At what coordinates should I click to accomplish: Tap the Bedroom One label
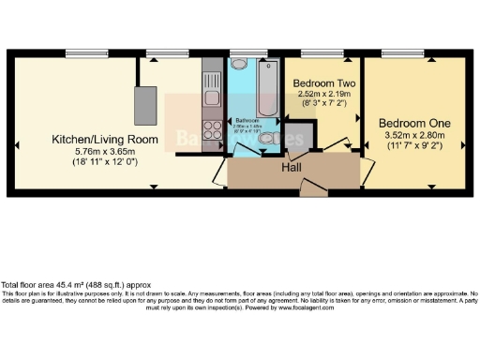coord(414,123)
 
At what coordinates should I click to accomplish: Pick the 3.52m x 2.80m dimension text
coord(414,135)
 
